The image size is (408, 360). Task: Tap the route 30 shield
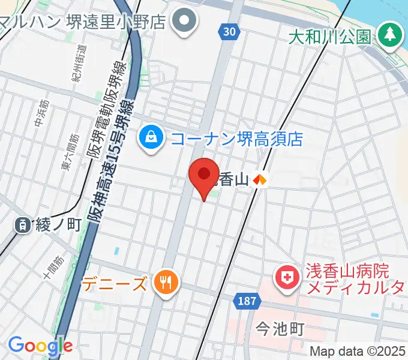point(227,32)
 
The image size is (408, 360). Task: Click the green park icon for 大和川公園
point(391,35)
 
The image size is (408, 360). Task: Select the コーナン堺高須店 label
point(236,139)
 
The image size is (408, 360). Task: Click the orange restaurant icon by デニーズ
point(163,281)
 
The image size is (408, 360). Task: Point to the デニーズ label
point(115,282)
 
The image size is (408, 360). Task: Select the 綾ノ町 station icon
point(23,225)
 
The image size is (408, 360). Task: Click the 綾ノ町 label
point(58,225)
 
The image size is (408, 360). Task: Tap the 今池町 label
point(280,328)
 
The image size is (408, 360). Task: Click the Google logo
point(40,346)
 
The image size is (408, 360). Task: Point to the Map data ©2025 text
point(358,351)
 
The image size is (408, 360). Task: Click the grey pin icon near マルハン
point(185,22)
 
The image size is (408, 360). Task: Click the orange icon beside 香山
point(260,179)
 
